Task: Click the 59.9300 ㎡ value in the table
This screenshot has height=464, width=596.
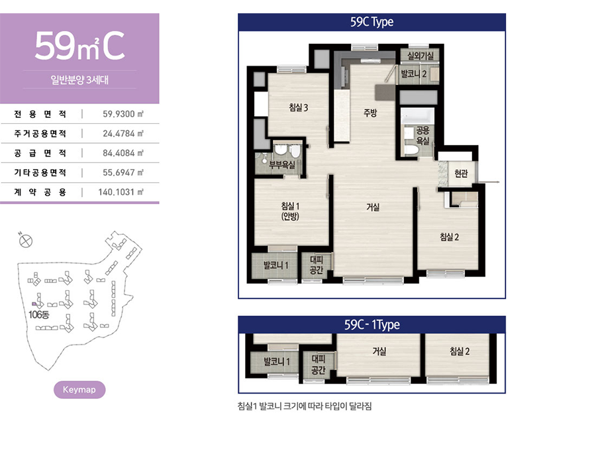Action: (123, 114)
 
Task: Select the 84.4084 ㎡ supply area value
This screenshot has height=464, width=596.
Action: (123, 153)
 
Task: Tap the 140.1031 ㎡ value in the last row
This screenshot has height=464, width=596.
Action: (121, 192)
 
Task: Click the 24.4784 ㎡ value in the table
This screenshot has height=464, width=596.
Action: (123, 133)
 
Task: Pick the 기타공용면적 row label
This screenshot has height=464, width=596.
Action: (40, 172)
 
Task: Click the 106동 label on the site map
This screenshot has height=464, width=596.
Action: (39, 315)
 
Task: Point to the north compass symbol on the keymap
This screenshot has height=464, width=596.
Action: (25, 241)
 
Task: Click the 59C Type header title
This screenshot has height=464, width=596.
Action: (372, 22)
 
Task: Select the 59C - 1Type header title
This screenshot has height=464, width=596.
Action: (372, 324)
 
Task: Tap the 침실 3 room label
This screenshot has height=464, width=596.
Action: (299, 107)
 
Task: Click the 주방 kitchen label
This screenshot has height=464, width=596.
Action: (370, 113)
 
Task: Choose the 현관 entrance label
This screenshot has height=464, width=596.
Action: (461, 174)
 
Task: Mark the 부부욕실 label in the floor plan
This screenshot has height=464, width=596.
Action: (282, 164)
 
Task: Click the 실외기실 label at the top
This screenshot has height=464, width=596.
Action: (421, 56)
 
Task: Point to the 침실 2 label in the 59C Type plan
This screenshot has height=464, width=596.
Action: (449, 237)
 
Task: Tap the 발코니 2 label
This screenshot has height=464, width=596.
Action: (414, 74)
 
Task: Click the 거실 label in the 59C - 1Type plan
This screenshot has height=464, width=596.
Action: (379, 351)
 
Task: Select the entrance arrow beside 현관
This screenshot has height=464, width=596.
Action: (488, 182)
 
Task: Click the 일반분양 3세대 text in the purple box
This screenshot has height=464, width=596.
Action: (79, 80)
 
